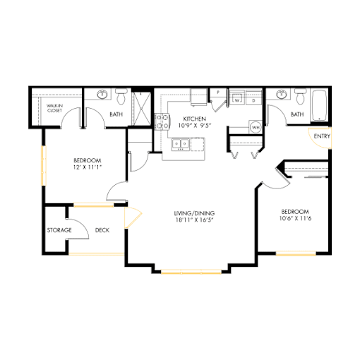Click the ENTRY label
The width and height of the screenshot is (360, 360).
322,136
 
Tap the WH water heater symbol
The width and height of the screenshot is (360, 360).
256,127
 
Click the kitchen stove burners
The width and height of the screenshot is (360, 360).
162,121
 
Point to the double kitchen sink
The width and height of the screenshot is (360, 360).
181,144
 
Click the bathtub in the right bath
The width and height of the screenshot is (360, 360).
319,105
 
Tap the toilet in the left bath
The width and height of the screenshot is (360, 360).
121,97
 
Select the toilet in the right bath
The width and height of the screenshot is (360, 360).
301,97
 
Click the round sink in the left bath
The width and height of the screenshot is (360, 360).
102,95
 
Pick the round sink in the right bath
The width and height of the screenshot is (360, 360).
282,95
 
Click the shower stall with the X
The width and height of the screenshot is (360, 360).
141,109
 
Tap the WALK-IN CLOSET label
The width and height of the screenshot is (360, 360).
54,108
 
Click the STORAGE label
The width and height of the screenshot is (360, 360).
59,230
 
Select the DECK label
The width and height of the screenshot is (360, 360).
102,230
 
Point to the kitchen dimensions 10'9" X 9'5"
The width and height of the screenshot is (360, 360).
194,126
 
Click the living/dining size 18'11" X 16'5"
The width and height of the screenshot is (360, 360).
194,220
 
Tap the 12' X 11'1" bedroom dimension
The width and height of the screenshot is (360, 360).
88,167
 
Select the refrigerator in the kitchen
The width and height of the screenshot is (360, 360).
198,97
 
